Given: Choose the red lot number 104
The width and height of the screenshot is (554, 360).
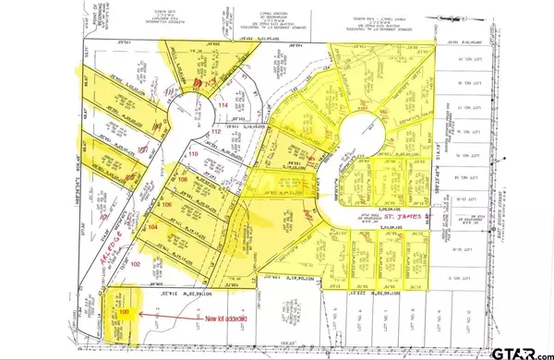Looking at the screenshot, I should coord(153,226).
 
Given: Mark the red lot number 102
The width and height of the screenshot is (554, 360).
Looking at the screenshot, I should coord(135,263).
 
